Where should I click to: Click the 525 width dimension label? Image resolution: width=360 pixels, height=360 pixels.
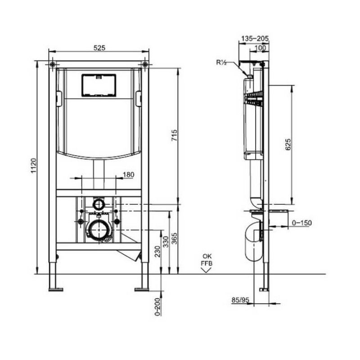pos(99,48)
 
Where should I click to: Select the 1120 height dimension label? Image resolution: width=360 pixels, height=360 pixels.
pos(34,166)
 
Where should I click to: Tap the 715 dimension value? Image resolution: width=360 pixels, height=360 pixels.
pos(175,135)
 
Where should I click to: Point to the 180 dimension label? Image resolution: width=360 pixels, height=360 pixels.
pos(128,175)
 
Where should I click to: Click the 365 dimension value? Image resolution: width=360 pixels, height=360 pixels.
pos(175,238)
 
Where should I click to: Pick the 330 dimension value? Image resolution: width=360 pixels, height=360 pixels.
pos(166,242)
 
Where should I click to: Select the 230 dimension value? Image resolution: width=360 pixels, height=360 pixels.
pos(157,251)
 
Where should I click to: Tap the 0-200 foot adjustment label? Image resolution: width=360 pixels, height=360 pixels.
pos(157,307)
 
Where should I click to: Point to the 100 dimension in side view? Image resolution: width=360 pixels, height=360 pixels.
pos(261,48)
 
